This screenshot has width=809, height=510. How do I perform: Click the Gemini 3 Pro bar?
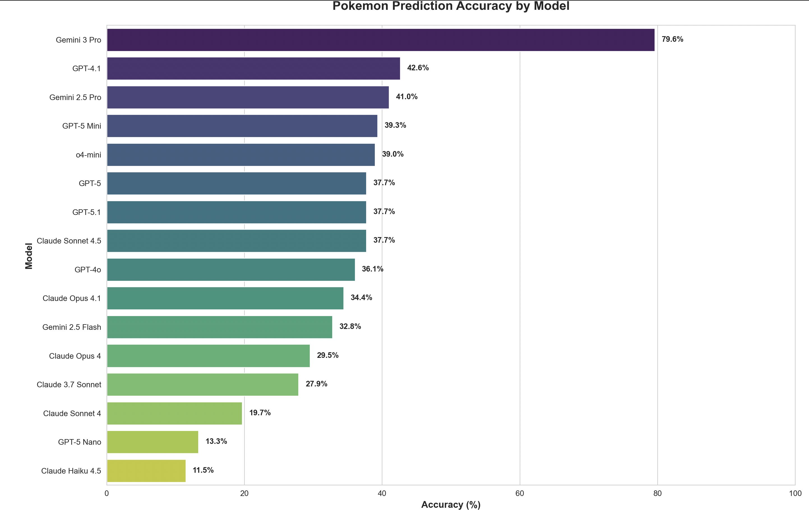381,40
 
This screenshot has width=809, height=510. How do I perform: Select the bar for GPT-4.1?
253,68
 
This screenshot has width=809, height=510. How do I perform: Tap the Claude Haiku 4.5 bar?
146,471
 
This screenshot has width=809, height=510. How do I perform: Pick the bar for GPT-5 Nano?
152,442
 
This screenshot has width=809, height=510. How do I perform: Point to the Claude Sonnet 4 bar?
174,413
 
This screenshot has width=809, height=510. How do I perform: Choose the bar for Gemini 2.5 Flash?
219,327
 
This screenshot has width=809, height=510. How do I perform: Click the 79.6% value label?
672,39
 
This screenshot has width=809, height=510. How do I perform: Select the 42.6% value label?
418,68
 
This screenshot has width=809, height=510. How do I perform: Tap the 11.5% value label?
203,470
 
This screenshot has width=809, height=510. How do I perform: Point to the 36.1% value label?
372,269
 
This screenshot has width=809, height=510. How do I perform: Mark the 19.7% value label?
260,413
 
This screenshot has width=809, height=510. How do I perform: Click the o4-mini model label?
88,155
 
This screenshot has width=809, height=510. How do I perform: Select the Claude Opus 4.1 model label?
71,298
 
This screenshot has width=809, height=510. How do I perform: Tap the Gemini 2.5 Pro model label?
75,97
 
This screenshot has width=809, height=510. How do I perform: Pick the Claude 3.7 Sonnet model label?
69,385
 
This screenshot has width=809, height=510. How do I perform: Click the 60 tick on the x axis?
519,493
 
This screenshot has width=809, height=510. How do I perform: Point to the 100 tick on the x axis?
795,493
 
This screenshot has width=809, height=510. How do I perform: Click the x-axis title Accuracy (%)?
451,504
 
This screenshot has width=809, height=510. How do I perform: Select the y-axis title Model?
29,256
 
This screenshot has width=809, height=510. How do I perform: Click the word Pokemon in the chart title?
360,6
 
